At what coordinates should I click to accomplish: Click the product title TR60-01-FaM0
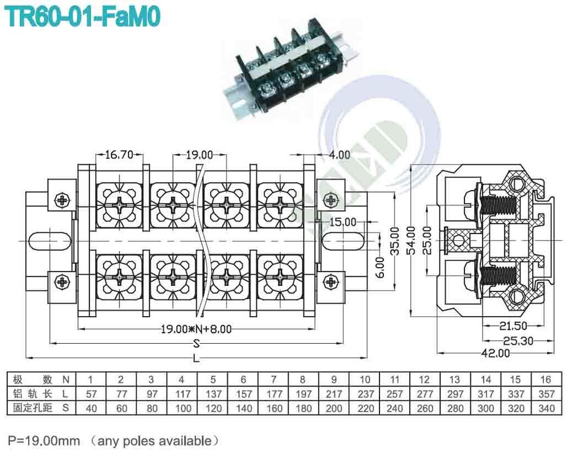coord(83,16)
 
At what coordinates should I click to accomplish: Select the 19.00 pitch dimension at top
coord(199,154)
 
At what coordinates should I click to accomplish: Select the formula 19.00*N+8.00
coord(196,329)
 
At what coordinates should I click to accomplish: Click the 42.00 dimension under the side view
coord(495,353)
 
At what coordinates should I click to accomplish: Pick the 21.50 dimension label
coord(512,326)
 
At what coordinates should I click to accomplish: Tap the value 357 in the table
coord(545,394)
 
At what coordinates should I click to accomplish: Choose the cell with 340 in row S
coord(545,408)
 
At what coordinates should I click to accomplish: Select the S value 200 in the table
coord(333,408)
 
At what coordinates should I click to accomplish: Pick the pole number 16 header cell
coord(545,380)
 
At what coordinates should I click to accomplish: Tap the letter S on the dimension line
coord(197,343)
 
